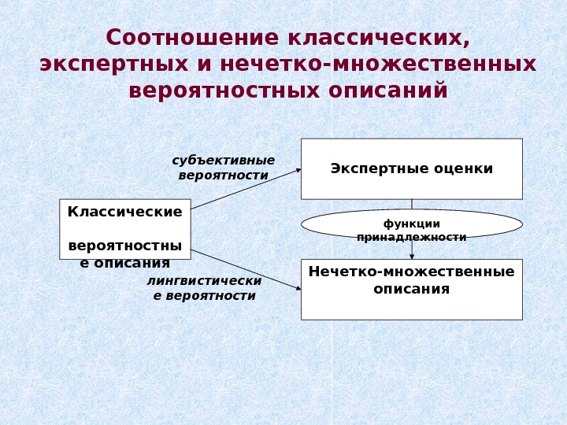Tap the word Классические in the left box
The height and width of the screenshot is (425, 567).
tap(124, 212)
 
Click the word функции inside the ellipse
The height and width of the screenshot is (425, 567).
tap(411, 224)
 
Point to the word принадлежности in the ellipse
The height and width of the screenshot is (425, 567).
tap(411, 236)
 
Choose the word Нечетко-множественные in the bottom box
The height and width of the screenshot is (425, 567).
tap(411, 272)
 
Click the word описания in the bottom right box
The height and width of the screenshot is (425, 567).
tap(411, 289)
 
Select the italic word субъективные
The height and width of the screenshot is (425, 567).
tap(224, 161)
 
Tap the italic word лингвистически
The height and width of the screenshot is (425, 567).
tap(205, 280)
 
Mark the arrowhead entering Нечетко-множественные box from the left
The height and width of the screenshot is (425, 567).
tap(298, 288)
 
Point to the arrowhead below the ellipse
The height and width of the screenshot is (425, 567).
tap(412, 255)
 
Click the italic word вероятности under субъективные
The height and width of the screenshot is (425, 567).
tap(224, 175)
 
